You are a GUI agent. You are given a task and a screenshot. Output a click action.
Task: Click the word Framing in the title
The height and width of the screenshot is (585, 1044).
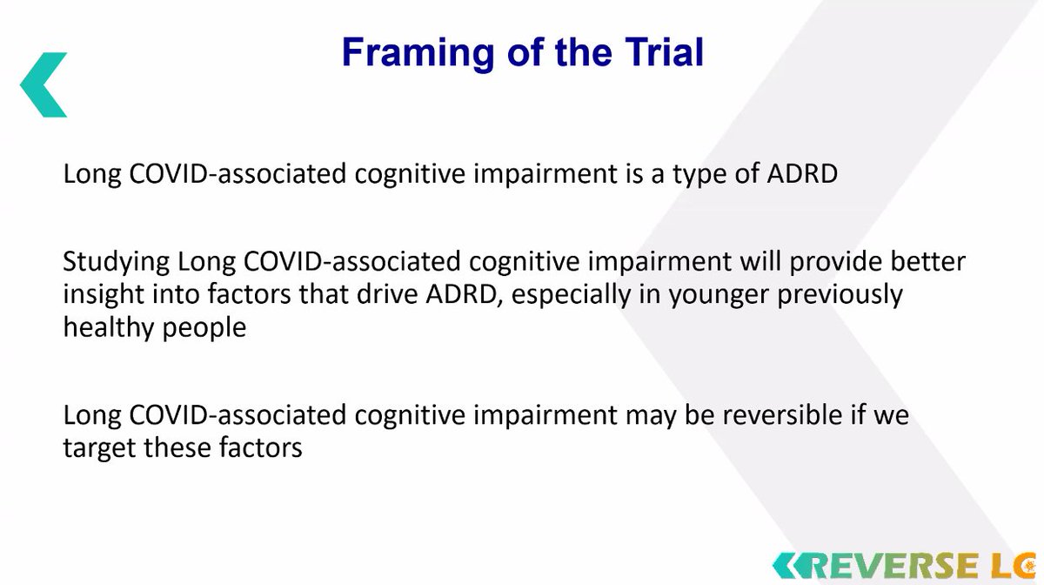(418, 54)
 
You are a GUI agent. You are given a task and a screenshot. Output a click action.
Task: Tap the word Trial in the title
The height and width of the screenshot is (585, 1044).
(664, 51)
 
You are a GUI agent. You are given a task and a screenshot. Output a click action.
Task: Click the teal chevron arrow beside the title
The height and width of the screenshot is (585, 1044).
(43, 85)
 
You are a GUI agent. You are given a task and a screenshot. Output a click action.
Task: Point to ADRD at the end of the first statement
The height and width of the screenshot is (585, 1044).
(802, 173)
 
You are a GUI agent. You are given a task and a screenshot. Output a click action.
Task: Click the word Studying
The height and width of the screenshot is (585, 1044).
(116, 263)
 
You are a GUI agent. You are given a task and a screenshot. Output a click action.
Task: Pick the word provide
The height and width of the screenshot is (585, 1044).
(835, 263)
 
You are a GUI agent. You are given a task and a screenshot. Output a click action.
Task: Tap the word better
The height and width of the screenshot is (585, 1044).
(928, 261)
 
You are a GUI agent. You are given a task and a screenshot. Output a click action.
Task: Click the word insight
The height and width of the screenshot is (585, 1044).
(104, 295)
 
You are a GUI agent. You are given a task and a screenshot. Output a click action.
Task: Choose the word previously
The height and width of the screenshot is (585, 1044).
(840, 295)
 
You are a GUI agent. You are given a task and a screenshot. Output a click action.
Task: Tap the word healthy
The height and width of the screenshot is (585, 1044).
(108, 328)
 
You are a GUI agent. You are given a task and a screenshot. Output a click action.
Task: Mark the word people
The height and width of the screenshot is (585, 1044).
(204, 328)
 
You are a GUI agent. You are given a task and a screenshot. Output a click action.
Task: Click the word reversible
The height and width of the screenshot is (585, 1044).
(782, 414)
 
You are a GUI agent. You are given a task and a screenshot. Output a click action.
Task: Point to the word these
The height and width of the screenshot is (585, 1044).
(177, 447)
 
